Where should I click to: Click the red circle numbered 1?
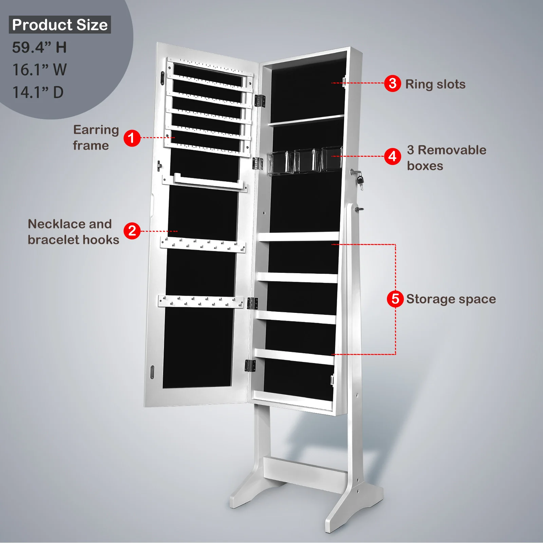click(x=132, y=138)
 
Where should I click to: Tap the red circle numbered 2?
click(x=132, y=231)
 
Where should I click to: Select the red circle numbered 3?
click(x=393, y=83)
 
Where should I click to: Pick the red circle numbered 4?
click(x=393, y=156)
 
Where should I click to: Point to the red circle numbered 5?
click(x=395, y=299)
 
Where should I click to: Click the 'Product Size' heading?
click(x=60, y=25)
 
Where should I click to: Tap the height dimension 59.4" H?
click(x=39, y=47)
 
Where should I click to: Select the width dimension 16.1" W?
click(x=39, y=70)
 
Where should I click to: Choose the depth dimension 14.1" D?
click(x=38, y=92)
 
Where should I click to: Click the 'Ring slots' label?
click(x=435, y=84)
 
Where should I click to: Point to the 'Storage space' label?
click(x=451, y=299)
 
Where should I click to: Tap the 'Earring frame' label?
click(x=96, y=137)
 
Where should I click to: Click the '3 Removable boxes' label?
click(x=447, y=158)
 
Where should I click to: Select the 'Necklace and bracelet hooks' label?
click(x=73, y=232)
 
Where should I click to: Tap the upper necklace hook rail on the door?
click(x=203, y=245)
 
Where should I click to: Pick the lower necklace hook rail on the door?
click(x=201, y=301)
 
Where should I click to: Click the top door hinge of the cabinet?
click(x=260, y=101)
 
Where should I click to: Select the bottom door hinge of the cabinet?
click(x=250, y=366)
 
